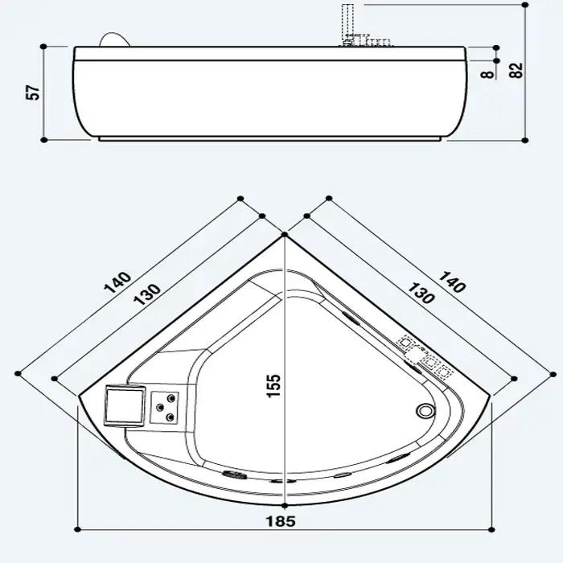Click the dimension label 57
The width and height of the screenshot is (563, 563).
pos(33,92)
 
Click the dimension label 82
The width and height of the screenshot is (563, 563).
pos(516,71)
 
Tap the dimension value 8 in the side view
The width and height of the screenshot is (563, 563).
pos(487,74)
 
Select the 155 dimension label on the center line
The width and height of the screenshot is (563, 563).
pos(273,386)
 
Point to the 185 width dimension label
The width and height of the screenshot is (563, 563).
pos(281,521)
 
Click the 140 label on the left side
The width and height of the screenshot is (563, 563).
pos(117,282)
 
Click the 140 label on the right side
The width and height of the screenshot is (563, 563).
pos(452,281)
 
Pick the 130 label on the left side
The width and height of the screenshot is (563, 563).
pos(147,294)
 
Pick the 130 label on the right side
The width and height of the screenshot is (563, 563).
pos(421,293)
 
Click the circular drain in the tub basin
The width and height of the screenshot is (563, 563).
pos(425,410)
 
